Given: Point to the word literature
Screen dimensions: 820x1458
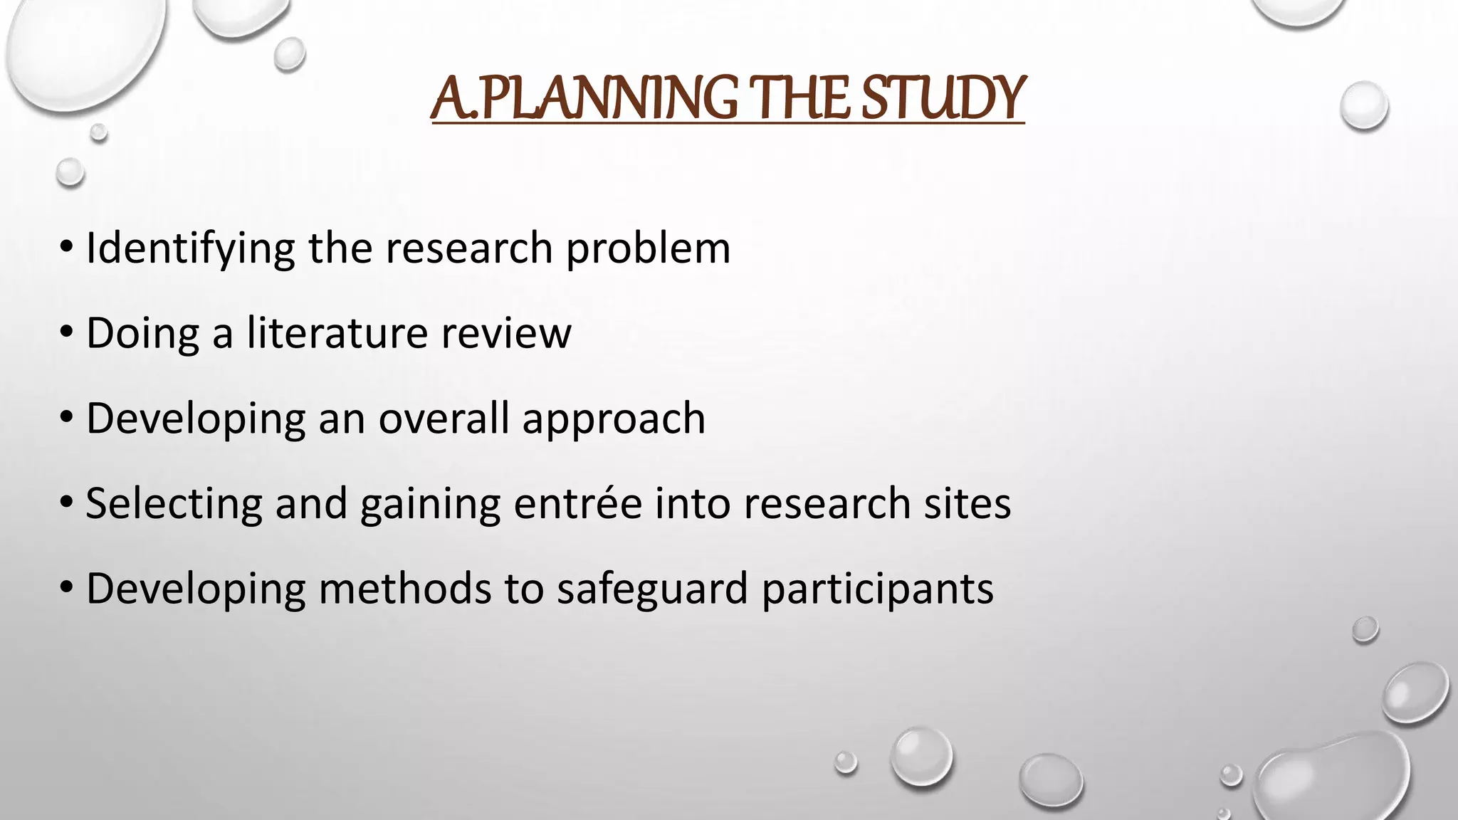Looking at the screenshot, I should [x=338, y=333].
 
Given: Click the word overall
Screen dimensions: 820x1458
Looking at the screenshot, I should [x=443, y=419].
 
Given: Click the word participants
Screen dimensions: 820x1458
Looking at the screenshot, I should [x=877, y=589].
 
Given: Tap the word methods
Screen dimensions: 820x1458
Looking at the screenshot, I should [x=404, y=589].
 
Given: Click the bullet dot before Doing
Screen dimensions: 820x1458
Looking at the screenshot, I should [x=67, y=332].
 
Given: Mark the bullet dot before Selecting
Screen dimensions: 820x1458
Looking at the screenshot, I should [x=67, y=503].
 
